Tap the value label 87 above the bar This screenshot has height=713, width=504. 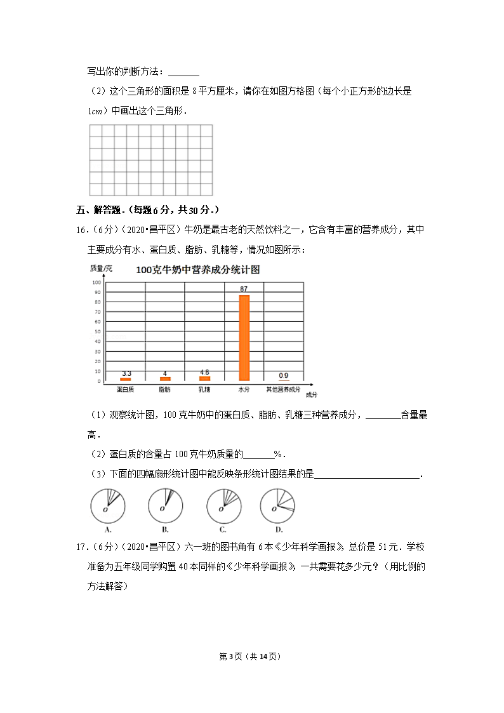click(244, 290)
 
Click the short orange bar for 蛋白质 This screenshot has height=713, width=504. click(126, 379)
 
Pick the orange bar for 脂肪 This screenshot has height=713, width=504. click(165, 378)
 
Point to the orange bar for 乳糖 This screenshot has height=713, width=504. click(204, 378)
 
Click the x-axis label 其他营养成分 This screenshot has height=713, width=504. click(283, 389)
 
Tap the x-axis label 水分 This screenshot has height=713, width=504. click(244, 389)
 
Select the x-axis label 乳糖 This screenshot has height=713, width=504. click(204, 389)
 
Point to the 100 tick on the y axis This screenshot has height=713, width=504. click(96, 283)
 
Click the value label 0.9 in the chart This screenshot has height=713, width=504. click(283, 375)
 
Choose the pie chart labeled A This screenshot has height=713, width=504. click(107, 506)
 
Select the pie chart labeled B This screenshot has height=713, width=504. click(165, 506)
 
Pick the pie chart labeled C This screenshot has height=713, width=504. click(223, 506)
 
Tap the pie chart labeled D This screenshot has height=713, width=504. click(278, 506)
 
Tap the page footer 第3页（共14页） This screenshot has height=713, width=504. click(251, 656)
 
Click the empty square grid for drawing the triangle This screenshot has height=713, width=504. click(150, 160)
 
